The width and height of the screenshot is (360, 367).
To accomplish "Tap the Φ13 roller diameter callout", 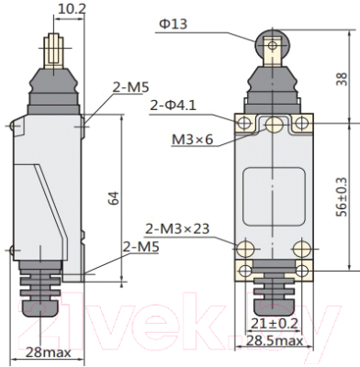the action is [x=174, y=24].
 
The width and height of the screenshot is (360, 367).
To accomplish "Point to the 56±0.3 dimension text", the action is [x=342, y=197].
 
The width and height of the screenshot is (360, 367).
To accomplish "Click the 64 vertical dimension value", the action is [x=113, y=198].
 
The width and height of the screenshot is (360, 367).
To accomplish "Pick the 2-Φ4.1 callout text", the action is [x=173, y=106].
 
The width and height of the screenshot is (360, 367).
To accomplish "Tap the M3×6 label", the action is [x=193, y=139].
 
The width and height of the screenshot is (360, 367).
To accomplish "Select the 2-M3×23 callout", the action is [x=177, y=228].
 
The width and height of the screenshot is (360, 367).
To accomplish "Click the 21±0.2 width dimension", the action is [x=275, y=323].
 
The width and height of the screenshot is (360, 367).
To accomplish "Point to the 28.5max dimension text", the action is [x=275, y=340].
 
